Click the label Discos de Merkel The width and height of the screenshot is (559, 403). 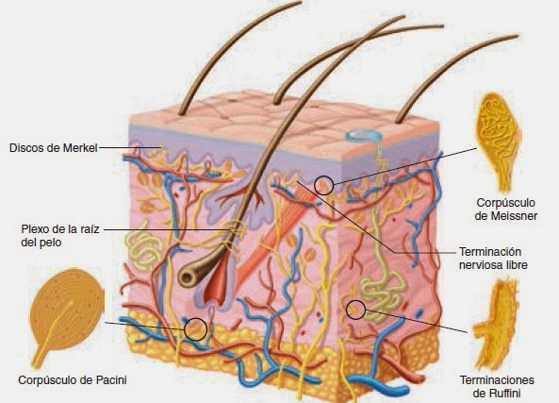point(54,148)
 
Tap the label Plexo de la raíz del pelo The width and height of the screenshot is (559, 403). point(60,236)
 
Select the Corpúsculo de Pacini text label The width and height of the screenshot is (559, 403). point(73,380)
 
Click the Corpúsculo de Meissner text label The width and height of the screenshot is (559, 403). point(506,210)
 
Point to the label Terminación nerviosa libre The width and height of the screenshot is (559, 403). point(493,258)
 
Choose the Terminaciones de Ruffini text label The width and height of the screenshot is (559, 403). point(497,387)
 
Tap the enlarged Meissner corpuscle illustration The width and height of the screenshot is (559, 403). point(499,141)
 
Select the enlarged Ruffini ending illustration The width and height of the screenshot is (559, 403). point(495,324)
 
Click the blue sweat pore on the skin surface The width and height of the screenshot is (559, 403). point(363,135)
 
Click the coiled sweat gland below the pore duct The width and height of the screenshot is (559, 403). point(384,293)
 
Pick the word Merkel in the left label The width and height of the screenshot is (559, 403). point(80,148)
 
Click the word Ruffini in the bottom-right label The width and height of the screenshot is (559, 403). point(505,394)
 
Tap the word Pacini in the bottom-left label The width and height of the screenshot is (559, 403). point(111,380)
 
